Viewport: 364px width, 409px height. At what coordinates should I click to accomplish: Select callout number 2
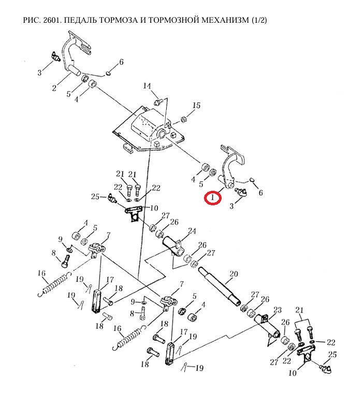point(54,88)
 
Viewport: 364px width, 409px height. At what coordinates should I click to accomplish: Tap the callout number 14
point(147,86)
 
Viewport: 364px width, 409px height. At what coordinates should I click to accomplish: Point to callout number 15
point(196,106)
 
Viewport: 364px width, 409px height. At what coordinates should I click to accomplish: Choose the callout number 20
point(233,274)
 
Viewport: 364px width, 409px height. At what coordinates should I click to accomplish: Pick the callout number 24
point(192,231)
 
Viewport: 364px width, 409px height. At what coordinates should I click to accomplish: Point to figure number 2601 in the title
point(54,20)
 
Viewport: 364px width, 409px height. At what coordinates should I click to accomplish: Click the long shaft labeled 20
point(220,286)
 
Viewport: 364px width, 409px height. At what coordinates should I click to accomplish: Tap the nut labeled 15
point(184,120)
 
